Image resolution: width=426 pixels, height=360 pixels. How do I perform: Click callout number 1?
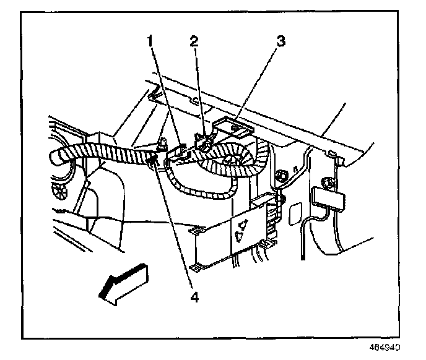tap(150, 41)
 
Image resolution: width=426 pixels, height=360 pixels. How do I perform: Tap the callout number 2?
tap(194, 41)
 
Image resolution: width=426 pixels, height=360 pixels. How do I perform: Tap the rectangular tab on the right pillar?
tap(329, 197)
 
